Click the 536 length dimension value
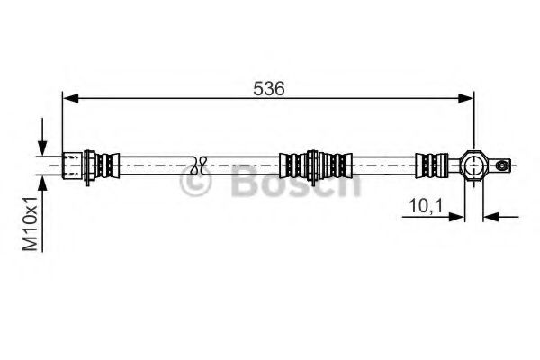tap(269, 89)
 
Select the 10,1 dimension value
tap(426, 206)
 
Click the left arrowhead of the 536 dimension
tap(71, 98)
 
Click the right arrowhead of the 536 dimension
tap(466, 98)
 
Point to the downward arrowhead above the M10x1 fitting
tap(42, 148)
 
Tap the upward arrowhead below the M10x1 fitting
tap(42, 184)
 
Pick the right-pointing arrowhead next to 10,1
tap(456, 217)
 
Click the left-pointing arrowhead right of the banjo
tap(491, 217)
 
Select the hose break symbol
tap(199, 166)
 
